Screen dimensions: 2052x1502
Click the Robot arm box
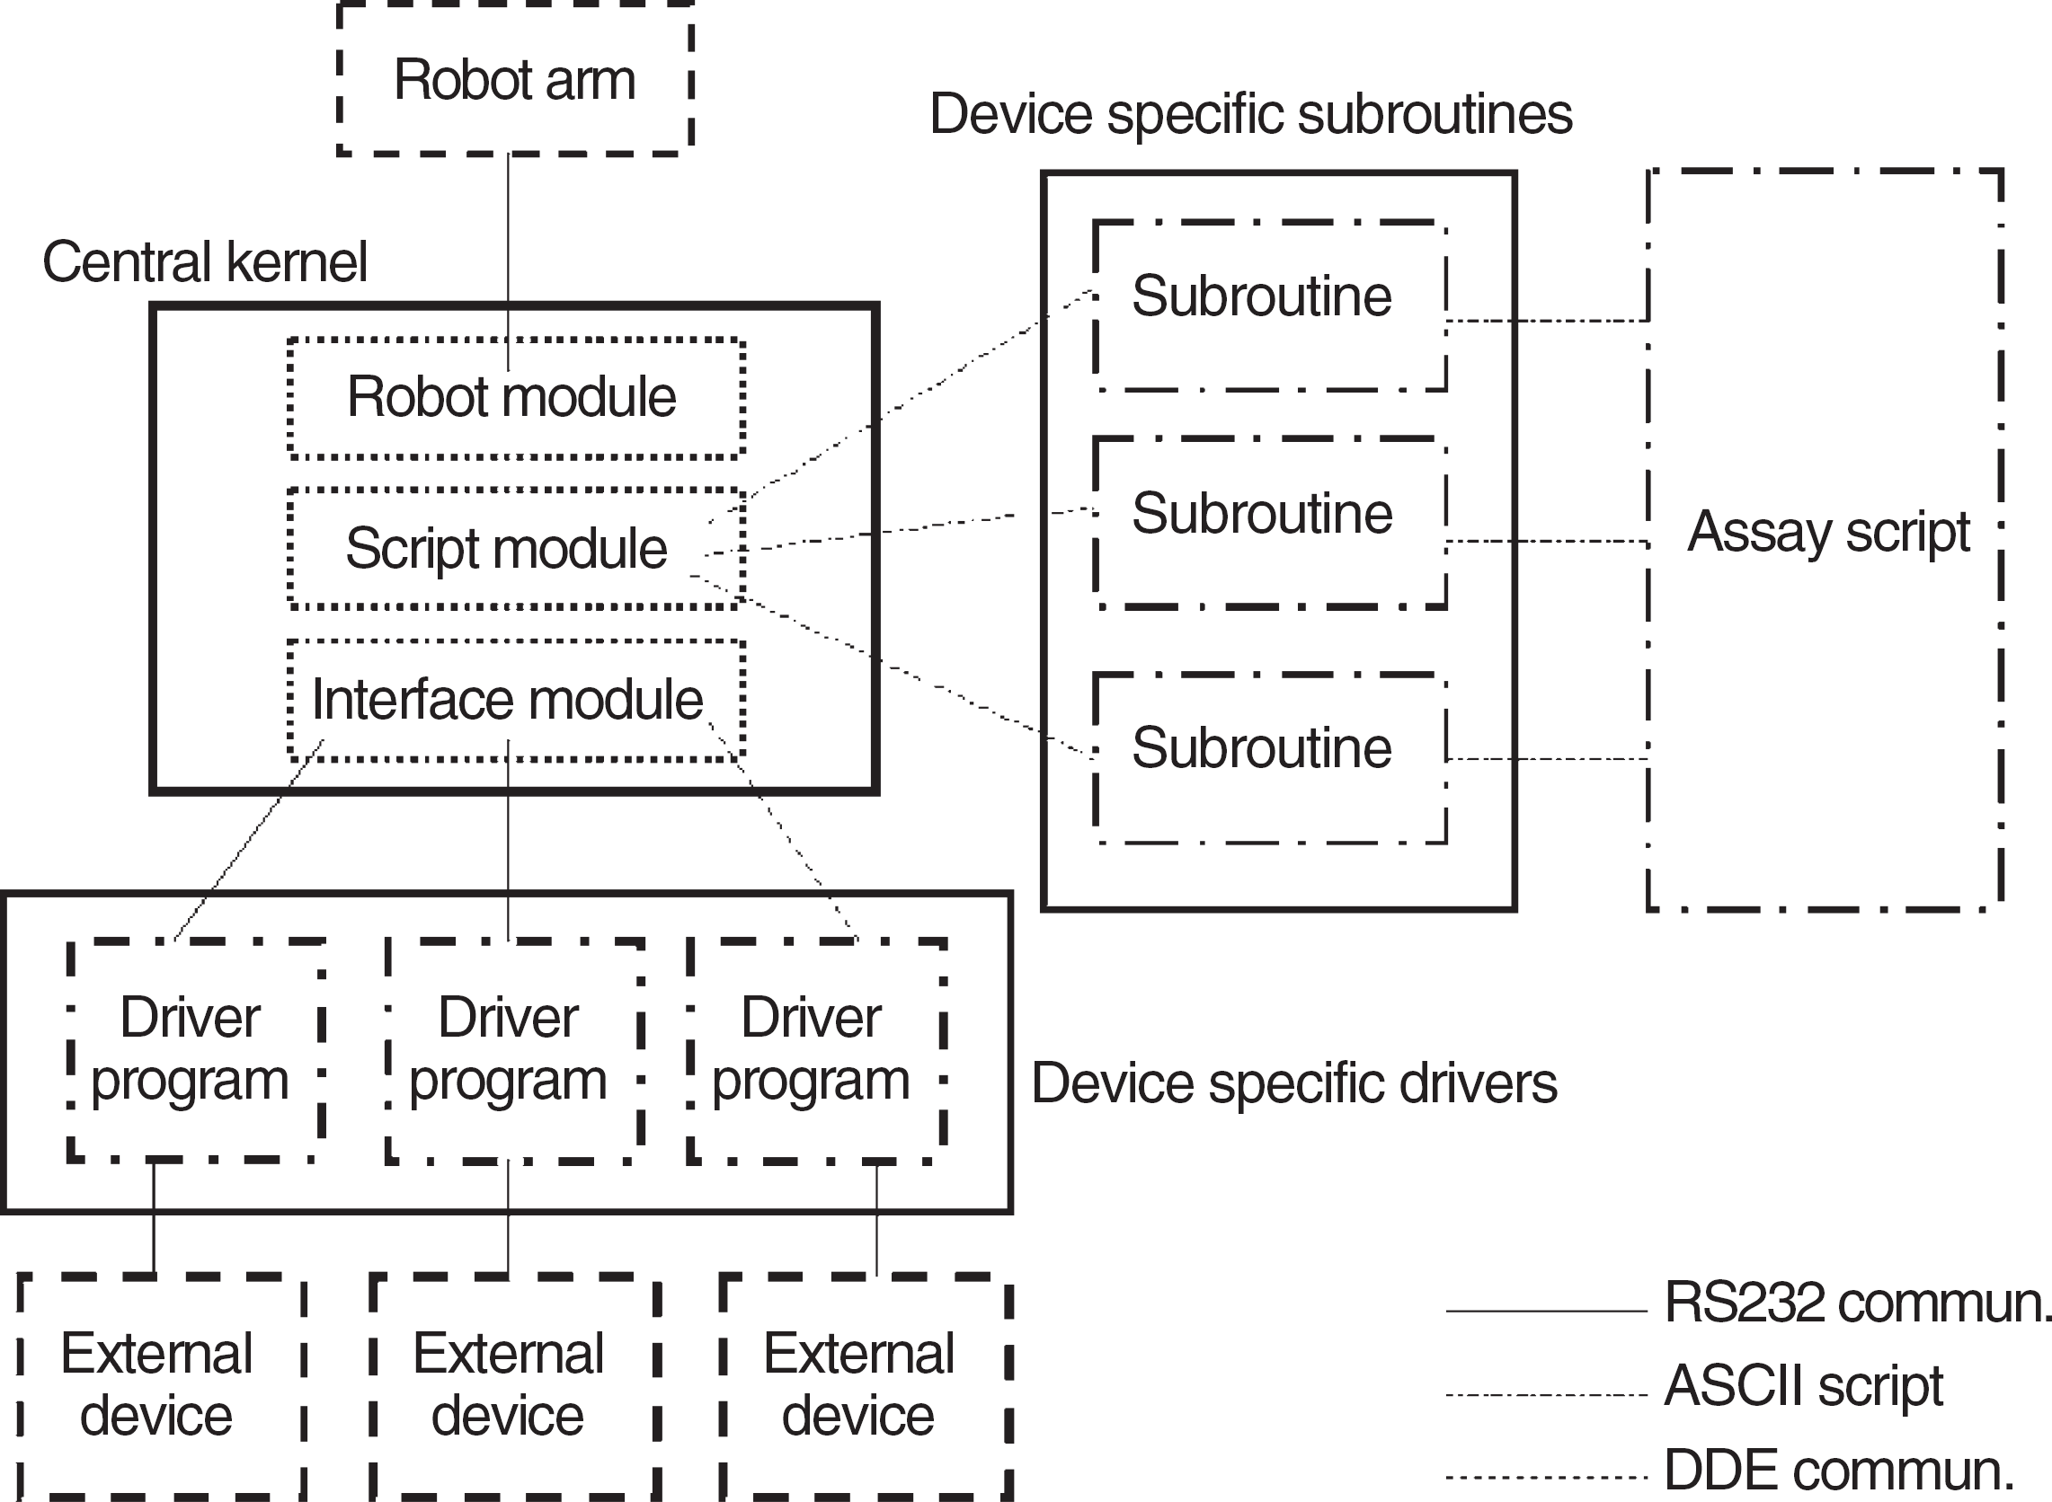coord(515,79)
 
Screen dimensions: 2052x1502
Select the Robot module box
coord(516,398)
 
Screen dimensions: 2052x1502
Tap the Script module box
coord(516,549)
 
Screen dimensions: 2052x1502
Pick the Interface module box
coord(516,700)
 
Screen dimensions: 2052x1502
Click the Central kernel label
coord(205,261)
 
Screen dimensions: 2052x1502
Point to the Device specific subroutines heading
coord(1250,115)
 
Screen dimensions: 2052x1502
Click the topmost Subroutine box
coord(1270,306)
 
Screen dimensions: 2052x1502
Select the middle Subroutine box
coord(1270,523)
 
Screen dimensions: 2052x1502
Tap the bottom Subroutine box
coord(1270,759)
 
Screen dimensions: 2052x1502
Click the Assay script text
coord(1828,532)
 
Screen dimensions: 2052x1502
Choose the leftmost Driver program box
coord(196,1051)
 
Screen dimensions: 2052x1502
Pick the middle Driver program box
coord(515,1051)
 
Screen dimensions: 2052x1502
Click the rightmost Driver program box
coord(817,1051)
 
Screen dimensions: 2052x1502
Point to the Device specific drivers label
coord(1294,1082)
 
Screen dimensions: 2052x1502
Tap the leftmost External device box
coord(161,1387)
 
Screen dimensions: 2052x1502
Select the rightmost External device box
coord(865,1387)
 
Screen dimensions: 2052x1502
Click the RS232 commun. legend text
coord(1857,1302)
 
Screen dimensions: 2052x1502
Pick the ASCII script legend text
coord(1804,1385)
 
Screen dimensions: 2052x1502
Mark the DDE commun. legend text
coord(1839,1470)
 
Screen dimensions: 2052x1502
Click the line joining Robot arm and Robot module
coord(508,261)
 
